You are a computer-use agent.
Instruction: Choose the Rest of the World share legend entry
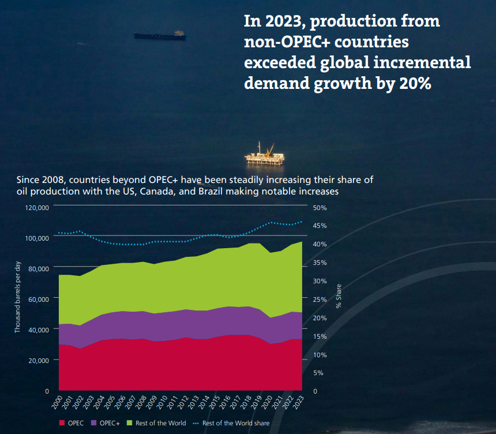(235, 423)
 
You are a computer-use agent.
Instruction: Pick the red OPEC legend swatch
(62, 423)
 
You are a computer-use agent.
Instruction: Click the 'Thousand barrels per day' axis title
(18, 297)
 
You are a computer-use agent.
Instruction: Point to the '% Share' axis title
(339, 295)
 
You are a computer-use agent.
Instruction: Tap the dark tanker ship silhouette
(160, 36)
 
